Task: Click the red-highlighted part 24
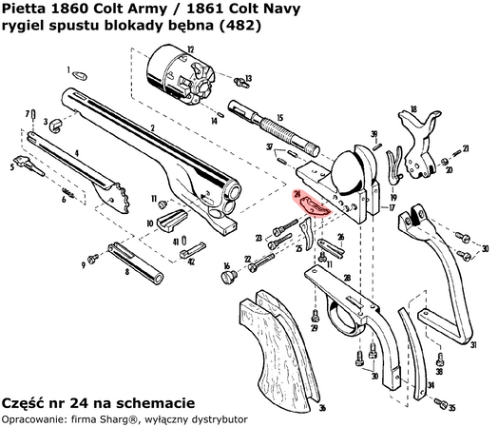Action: coord(312,202)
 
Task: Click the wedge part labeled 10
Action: coord(169,221)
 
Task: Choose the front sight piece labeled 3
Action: coord(58,123)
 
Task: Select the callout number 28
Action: coord(347,278)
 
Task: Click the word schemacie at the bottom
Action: coord(156,402)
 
